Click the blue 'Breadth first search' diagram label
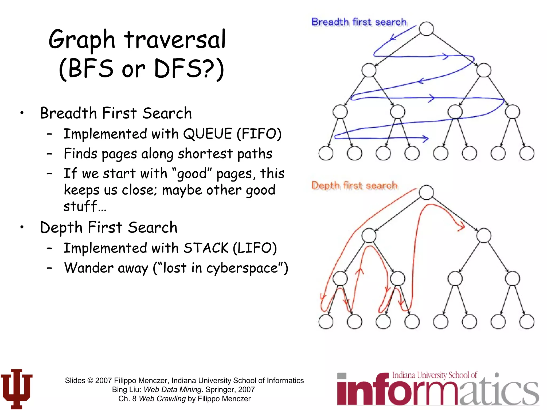click(359, 22)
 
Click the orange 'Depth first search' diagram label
click(354, 185)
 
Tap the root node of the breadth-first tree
click(426, 29)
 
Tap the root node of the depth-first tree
click(426, 192)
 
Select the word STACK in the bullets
click(206, 248)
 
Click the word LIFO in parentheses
click(255, 248)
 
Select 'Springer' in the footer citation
click(220, 389)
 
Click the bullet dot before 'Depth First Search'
click(22, 227)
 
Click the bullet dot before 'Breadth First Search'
click(22, 113)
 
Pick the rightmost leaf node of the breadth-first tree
click(527, 153)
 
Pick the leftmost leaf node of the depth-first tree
click(326, 321)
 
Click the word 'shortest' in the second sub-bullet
click(205, 154)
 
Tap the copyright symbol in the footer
click(90, 380)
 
